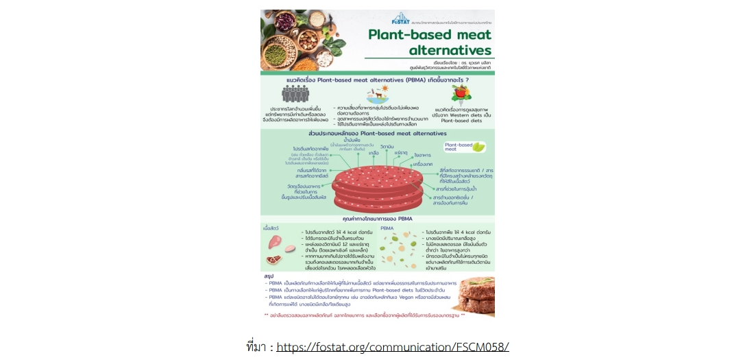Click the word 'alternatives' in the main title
tap(450, 50)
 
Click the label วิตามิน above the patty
tap(386, 147)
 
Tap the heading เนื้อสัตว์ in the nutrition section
tap(271, 227)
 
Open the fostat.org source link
tap(393, 346)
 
